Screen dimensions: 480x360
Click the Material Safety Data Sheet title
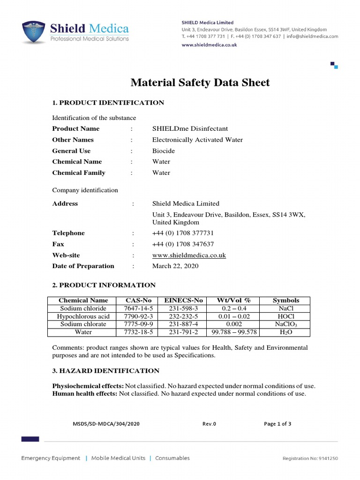pyautogui.click(x=200, y=83)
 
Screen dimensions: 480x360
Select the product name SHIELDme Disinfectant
pyautogui.click(x=190, y=128)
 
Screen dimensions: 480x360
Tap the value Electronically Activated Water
pyautogui.click(x=197, y=140)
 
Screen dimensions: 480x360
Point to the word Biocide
pyautogui.click(x=163, y=151)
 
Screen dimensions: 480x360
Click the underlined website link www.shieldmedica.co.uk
pyautogui.click(x=189, y=255)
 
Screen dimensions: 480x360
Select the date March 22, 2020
pyautogui.click(x=175, y=266)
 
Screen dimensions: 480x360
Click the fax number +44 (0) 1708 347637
pyautogui.click(x=183, y=244)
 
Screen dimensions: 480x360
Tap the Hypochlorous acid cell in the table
pyautogui.click(x=83, y=316)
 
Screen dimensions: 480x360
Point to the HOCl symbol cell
pyautogui.click(x=285, y=316)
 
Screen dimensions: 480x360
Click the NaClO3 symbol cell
pyautogui.click(x=285, y=324)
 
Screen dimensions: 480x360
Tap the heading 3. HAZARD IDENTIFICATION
pyautogui.click(x=105, y=371)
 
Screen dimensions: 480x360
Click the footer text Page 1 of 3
pyautogui.click(x=277, y=424)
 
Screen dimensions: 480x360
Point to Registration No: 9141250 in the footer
pyautogui.click(x=310, y=458)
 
